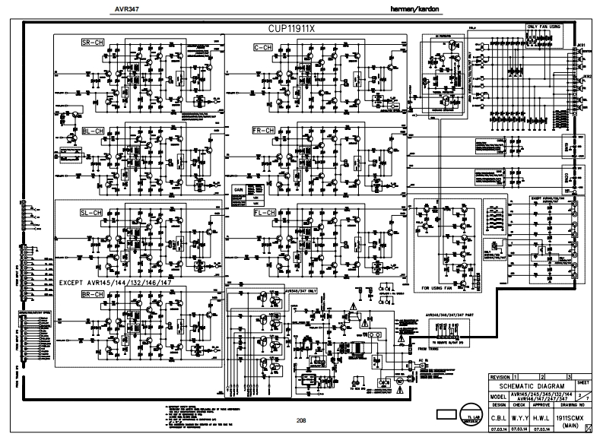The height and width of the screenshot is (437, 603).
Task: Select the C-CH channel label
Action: click(264, 48)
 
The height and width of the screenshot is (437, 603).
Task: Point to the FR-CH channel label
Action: click(264, 131)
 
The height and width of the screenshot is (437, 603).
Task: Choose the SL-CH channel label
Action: click(92, 212)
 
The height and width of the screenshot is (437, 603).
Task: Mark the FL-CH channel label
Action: click(264, 214)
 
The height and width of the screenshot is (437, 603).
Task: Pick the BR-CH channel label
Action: click(93, 295)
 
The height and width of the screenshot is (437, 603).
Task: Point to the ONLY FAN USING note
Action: click(544, 27)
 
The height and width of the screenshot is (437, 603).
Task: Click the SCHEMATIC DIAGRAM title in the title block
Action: click(532, 386)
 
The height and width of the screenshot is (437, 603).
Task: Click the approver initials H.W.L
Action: click(540, 417)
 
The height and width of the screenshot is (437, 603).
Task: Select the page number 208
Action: click(301, 420)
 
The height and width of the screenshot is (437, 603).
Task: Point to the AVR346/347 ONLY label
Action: click(301, 290)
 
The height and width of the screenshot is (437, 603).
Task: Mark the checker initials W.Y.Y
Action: click(519, 417)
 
